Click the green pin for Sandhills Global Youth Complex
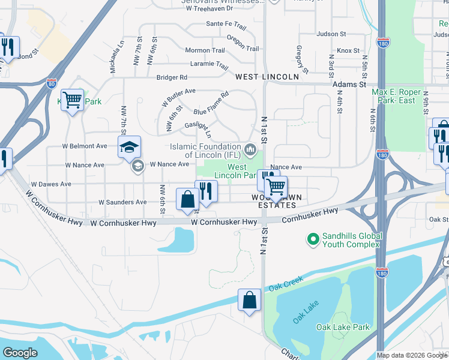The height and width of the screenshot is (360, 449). pyautogui.click(x=312, y=240)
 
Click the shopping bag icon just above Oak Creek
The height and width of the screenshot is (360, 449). pyautogui.click(x=249, y=299)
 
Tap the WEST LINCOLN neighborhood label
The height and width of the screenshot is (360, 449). pyautogui.click(x=267, y=77)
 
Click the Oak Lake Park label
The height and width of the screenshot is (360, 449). pyautogui.click(x=343, y=327)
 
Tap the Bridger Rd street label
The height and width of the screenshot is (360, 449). pyautogui.click(x=172, y=77)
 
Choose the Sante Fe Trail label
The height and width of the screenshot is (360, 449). pyautogui.click(x=226, y=25)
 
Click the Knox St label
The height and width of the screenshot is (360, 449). pyautogui.click(x=348, y=51)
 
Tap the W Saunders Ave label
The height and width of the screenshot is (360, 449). pyautogui.click(x=122, y=202)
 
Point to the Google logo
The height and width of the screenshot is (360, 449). pyautogui.click(x=20, y=353)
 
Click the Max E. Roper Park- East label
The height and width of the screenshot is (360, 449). pyautogui.click(x=402, y=96)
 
